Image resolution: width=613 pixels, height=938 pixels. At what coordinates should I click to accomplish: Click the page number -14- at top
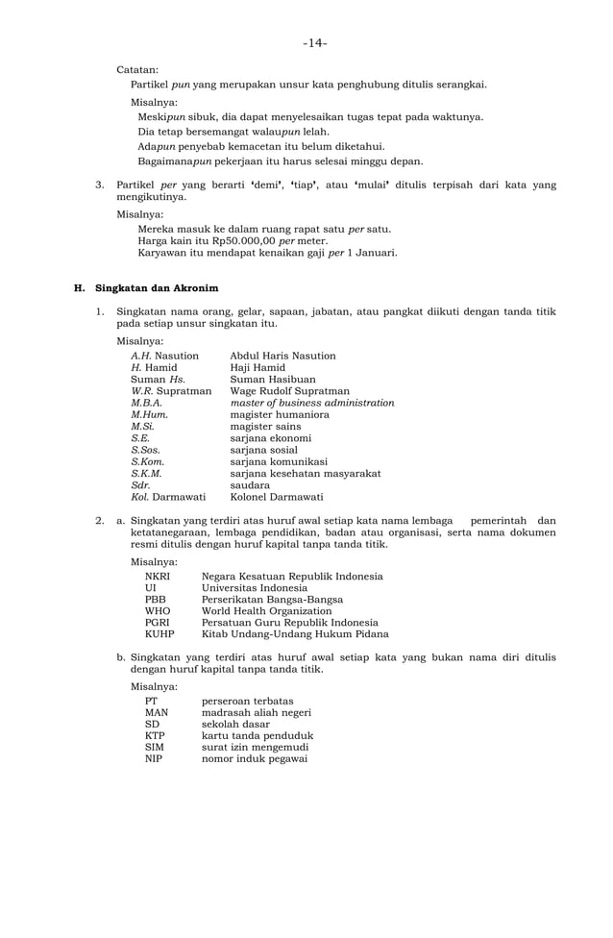pyautogui.click(x=314, y=43)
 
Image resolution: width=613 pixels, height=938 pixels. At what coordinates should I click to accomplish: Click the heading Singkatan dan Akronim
pyautogui.click(x=157, y=287)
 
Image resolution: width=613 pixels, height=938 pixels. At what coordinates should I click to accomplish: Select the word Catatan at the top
pyautogui.click(x=137, y=69)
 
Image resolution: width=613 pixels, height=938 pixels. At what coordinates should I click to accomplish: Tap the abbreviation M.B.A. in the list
pyautogui.click(x=146, y=403)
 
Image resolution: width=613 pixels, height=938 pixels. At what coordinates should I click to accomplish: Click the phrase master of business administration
pyautogui.click(x=311, y=403)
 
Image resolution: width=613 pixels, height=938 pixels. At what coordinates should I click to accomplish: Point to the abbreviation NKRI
pyautogui.click(x=158, y=576)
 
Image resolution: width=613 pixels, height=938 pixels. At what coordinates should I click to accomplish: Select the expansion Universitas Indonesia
pyautogui.click(x=254, y=587)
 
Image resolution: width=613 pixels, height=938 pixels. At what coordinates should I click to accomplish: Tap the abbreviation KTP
pyautogui.click(x=156, y=735)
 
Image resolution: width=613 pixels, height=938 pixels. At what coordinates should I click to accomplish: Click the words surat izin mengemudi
pyautogui.click(x=255, y=747)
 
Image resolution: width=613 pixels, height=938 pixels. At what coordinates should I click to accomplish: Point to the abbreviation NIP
pyautogui.click(x=154, y=758)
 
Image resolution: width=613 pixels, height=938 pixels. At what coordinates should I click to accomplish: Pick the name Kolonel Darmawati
pyautogui.click(x=276, y=497)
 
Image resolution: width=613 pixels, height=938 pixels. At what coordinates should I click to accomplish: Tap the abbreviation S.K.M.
pyautogui.click(x=146, y=473)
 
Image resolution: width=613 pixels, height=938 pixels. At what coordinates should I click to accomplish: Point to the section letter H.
pyautogui.click(x=79, y=287)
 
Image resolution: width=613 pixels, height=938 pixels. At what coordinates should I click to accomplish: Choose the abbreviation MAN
pyautogui.click(x=157, y=712)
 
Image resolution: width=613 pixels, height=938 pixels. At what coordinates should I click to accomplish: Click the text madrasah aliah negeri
pyautogui.click(x=255, y=712)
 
